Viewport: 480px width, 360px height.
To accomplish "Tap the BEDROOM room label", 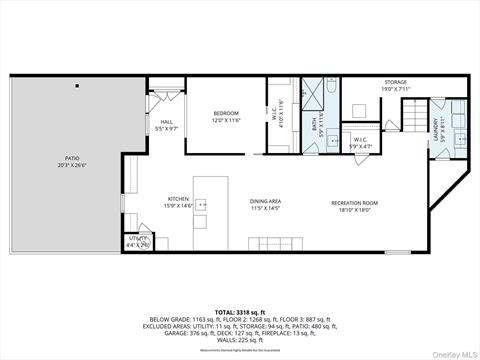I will (225, 114).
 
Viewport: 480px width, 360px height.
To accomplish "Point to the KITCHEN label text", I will (179, 199).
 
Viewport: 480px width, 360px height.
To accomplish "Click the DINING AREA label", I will (265, 201).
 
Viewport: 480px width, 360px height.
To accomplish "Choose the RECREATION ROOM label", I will (358, 203).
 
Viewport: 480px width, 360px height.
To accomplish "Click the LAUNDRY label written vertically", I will (436, 127).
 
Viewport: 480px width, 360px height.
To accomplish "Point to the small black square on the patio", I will (76, 88).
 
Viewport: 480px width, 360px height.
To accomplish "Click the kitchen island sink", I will (202, 205).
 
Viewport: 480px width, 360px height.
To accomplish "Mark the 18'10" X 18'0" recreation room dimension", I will (358, 210).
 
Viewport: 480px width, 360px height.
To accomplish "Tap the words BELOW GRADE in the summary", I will (180, 294).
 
